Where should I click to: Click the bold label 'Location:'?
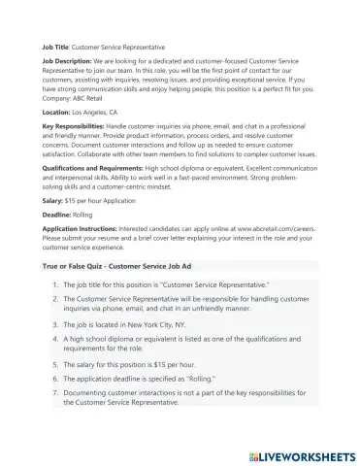55,113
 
